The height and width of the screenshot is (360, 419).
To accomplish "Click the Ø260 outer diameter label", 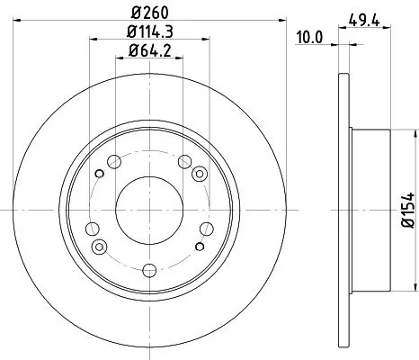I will click(x=150, y=13).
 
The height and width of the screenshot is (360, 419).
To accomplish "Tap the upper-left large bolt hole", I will click(x=114, y=163).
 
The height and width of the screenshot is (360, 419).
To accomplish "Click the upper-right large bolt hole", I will click(x=186, y=163).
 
